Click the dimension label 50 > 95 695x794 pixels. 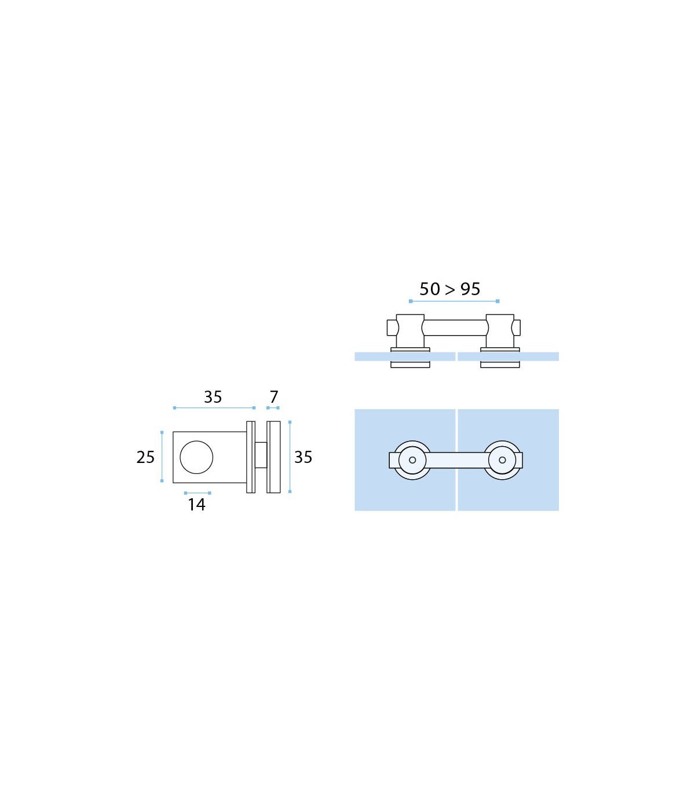point(449,289)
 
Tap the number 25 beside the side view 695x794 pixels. point(145,458)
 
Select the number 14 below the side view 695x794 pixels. point(196,505)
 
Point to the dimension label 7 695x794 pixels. point(274,397)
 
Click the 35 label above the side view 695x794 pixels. point(213,397)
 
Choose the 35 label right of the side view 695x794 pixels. point(303,458)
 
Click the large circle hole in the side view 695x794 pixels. point(196,457)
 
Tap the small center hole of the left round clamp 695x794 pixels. point(412,460)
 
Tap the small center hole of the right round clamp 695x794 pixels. point(502,460)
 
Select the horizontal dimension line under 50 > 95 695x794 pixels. point(454,301)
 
